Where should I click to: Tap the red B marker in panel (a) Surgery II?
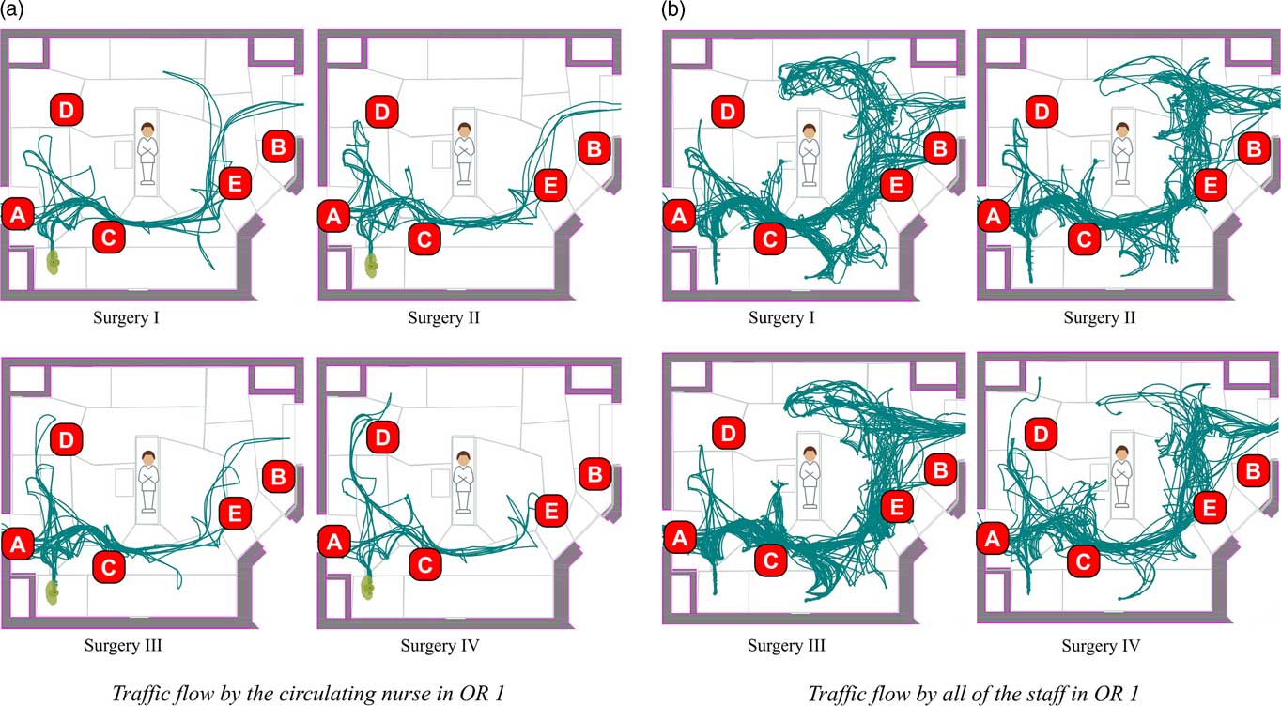pyautogui.click(x=592, y=146)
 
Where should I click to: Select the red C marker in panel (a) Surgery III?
pyautogui.click(x=108, y=565)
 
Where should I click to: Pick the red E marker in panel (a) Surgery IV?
pyautogui.click(x=550, y=511)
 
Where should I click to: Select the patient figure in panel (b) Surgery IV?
pyautogui.click(x=1119, y=480)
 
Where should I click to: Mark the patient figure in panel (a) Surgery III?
pyautogui.click(x=147, y=479)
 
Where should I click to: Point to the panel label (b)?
pyautogui.click(x=672, y=10)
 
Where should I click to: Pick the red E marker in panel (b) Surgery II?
pyautogui.click(x=1211, y=185)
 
